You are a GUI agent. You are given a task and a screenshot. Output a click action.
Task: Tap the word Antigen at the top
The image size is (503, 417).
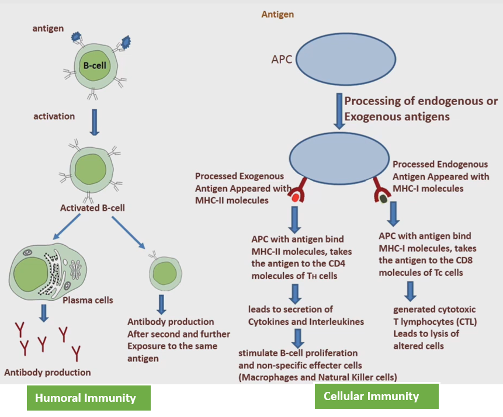(277, 15)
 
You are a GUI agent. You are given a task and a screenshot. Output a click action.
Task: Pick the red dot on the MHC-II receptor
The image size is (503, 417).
(295, 199)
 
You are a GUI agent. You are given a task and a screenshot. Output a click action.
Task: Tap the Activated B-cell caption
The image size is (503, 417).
(92, 207)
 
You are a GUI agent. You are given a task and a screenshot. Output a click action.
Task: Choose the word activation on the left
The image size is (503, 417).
(54, 116)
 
